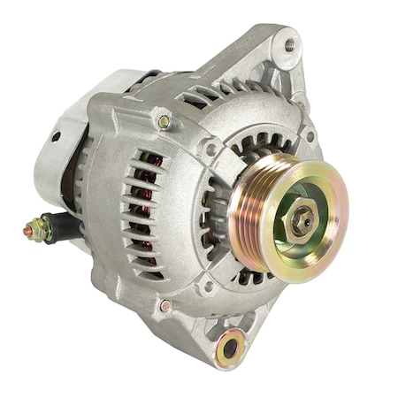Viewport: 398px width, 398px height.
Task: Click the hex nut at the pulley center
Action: [302, 220]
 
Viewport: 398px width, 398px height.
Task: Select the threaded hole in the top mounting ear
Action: [290, 43]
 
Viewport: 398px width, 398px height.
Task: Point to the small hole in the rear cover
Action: [55, 137]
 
